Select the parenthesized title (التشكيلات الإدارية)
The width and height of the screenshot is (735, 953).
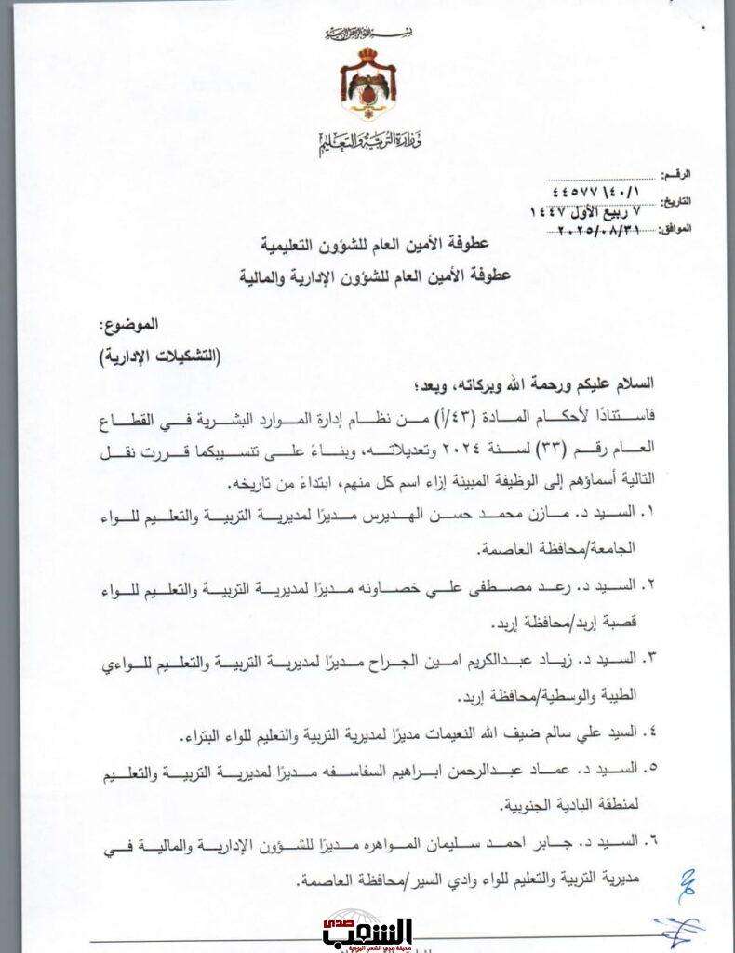[154, 356]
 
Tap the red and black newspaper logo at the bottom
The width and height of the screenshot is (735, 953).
[367, 932]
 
